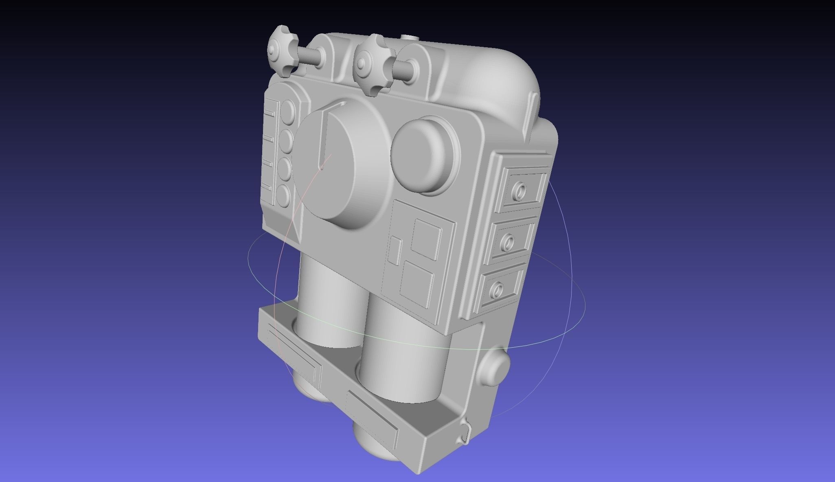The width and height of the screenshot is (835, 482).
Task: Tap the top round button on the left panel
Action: point(288,110)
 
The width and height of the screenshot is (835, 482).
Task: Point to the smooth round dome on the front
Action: point(423,155)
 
